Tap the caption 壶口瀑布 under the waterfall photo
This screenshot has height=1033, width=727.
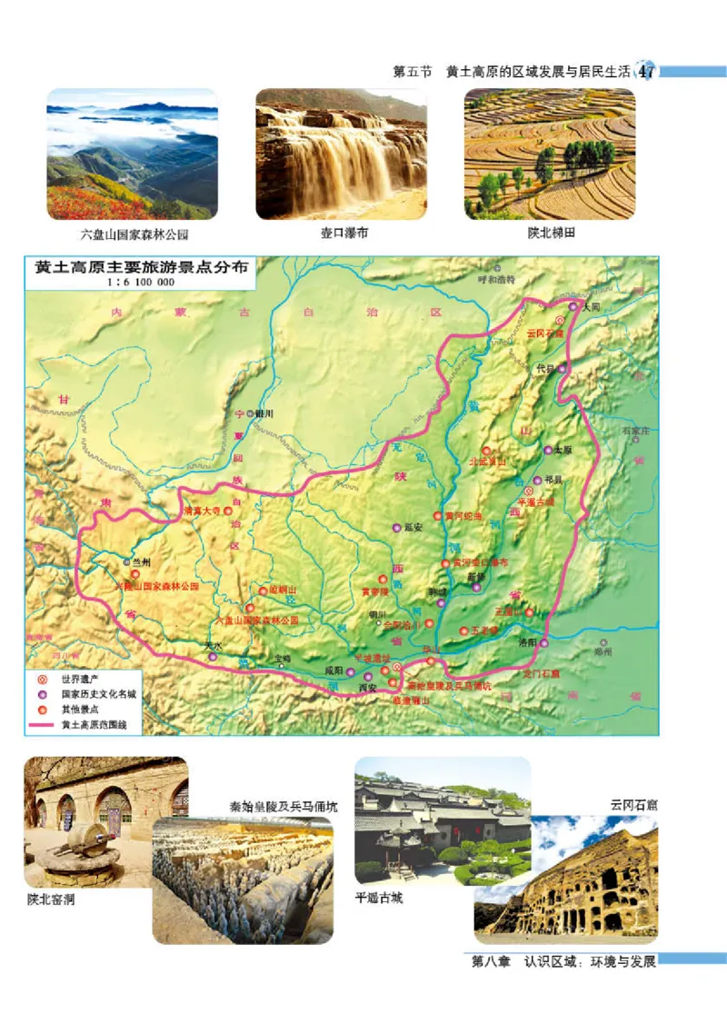pyautogui.click(x=344, y=233)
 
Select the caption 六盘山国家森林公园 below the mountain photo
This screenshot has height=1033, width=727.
pyautogui.click(x=134, y=233)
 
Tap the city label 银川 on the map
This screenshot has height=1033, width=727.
pyautogui.click(x=264, y=412)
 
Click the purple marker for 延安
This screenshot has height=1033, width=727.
pyautogui.click(x=396, y=528)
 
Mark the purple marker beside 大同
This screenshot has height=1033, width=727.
pyautogui.click(x=573, y=307)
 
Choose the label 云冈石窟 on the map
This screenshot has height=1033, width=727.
pyautogui.click(x=545, y=333)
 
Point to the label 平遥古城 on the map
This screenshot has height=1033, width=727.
pyautogui.click(x=535, y=501)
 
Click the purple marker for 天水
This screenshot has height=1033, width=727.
pyautogui.click(x=213, y=656)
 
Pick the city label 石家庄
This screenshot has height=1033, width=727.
pyautogui.click(x=635, y=430)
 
